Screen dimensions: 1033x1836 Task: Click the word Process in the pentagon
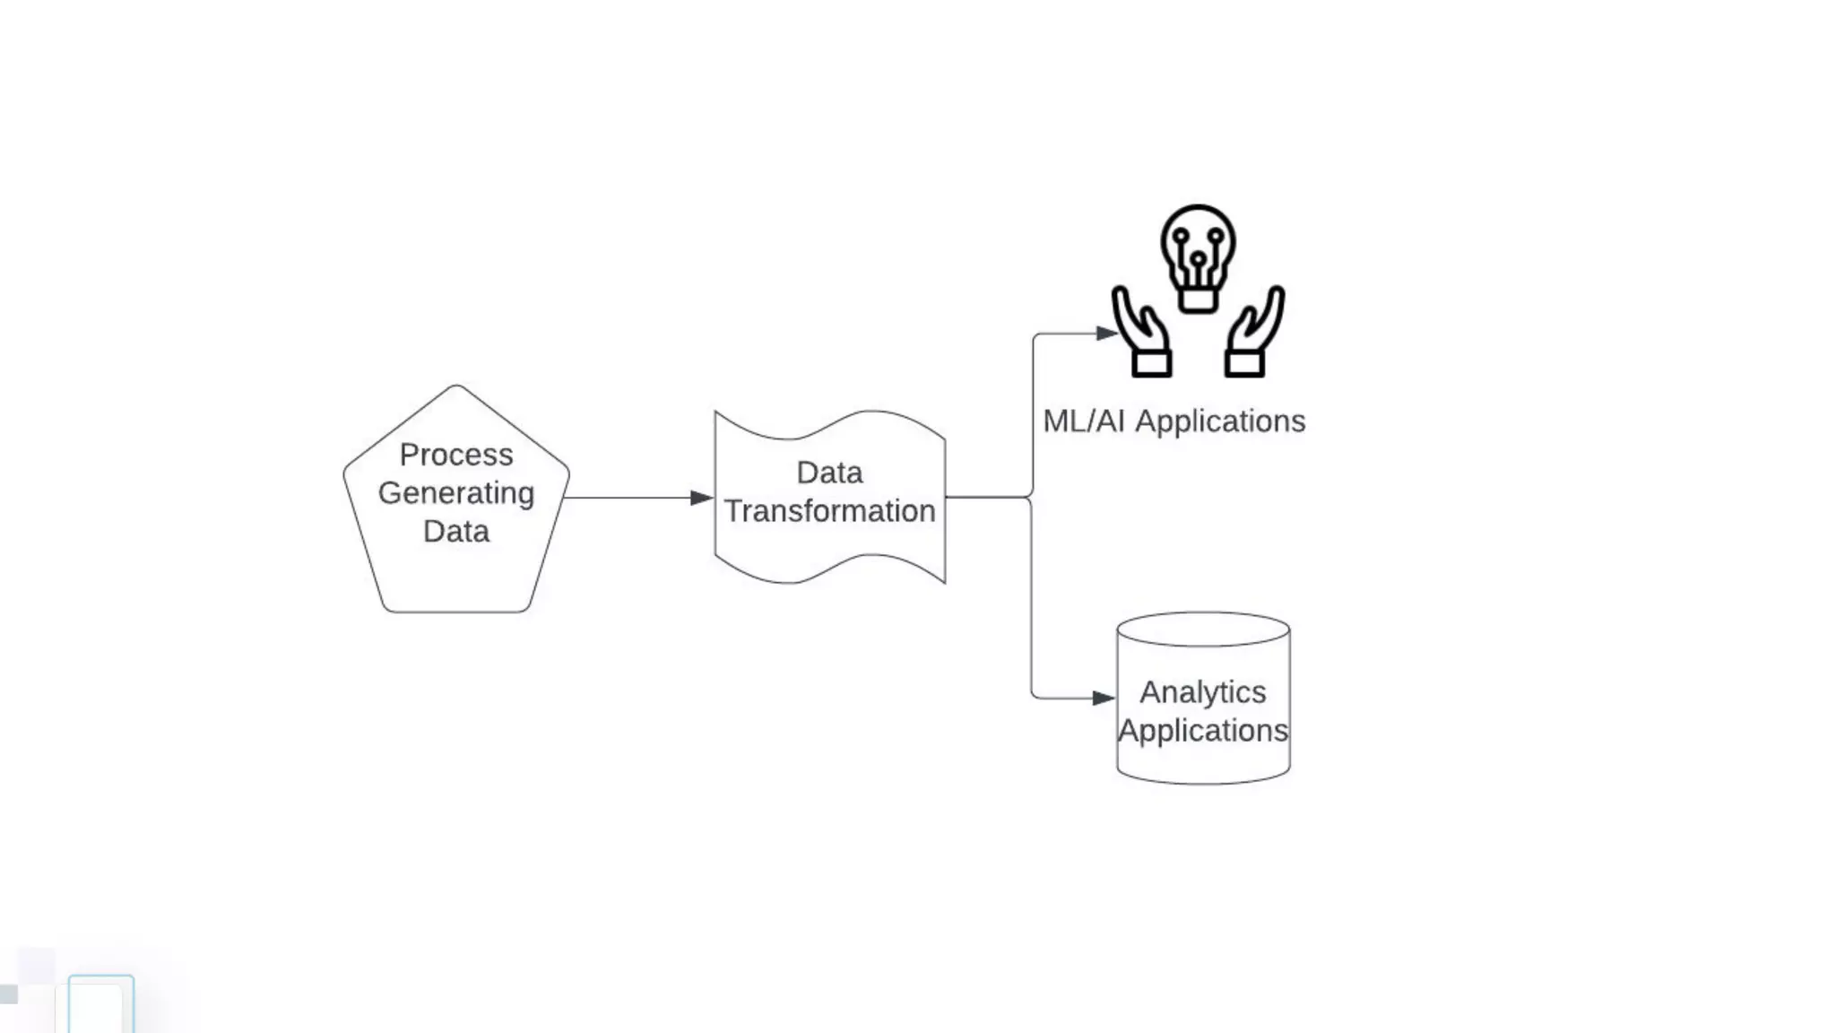point(456,455)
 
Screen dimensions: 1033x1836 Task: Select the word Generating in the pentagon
point(456,493)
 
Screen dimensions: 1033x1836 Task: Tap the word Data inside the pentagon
point(456,532)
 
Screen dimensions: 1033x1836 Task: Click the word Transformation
point(830,511)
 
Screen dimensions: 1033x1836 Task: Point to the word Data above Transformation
point(830,473)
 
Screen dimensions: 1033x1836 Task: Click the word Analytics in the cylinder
point(1203,692)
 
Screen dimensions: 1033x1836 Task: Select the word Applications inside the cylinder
point(1203,731)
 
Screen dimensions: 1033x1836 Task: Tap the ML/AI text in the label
point(1083,421)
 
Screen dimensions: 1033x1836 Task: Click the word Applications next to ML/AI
point(1220,421)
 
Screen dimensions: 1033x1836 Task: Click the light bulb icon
point(1198,251)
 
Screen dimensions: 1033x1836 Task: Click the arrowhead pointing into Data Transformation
point(702,498)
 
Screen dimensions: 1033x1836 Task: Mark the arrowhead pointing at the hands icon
point(1107,334)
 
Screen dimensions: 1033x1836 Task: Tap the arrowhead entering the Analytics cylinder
point(1104,698)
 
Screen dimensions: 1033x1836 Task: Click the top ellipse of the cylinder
point(1203,629)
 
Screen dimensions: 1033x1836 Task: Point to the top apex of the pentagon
point(456,386)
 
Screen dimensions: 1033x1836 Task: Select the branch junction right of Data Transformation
point(1032,497)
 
